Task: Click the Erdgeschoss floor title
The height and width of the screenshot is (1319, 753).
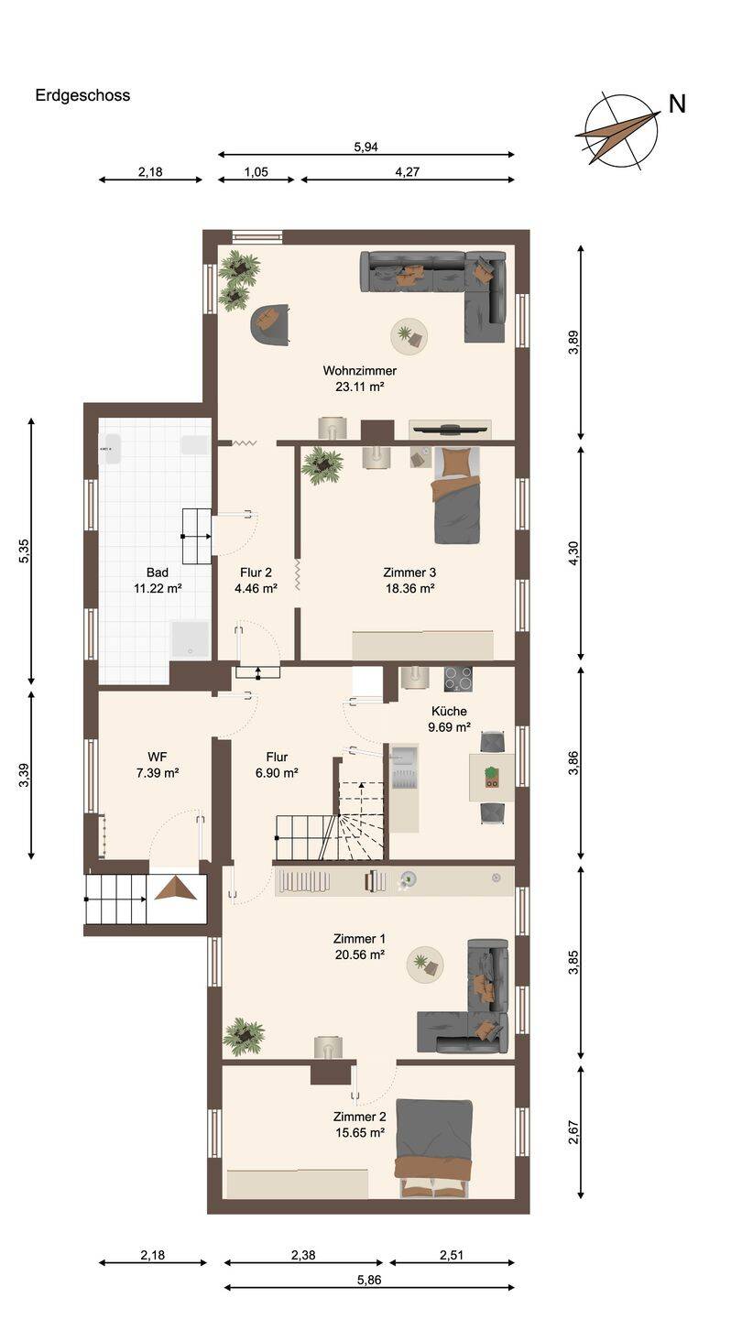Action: coord(82,95)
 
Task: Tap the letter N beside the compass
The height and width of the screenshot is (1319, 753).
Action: coord(677,104)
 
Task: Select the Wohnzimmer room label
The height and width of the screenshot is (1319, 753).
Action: coord(359,370)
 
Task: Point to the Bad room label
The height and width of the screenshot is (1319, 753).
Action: coord(158,572)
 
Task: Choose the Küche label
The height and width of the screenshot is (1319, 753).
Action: coord(449,711)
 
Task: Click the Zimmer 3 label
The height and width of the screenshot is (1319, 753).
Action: coord(409,572)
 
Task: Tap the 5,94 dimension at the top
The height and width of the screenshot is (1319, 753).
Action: coord(366,147)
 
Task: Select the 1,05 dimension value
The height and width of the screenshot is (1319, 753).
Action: coord(256,172)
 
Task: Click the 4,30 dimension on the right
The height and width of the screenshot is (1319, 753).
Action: coord(573,553)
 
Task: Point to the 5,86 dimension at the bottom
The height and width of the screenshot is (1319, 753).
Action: coord(369,1280)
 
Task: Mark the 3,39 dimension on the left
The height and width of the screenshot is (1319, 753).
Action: coord(24,775)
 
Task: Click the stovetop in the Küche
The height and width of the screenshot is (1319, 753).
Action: coord(458,679)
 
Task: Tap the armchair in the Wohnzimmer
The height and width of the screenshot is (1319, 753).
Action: coord(270,324)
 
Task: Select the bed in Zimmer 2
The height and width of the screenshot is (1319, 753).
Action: coord(434,1149)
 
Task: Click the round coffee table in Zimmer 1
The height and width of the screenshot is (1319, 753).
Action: coord(425,965)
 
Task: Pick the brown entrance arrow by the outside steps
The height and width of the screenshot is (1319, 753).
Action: coord(176,888)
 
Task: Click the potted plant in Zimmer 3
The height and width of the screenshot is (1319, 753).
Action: coord(322,465)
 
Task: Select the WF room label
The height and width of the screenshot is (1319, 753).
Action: coord(158,757)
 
